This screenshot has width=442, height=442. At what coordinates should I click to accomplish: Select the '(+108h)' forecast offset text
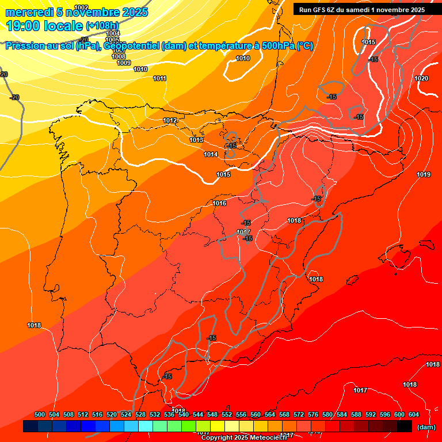[x=102, y=25]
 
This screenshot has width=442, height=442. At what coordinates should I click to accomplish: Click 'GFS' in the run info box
[x=319, y=9]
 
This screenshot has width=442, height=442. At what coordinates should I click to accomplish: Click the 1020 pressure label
[x=421, y=78]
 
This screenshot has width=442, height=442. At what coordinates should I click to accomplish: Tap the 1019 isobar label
[x=424, y=174]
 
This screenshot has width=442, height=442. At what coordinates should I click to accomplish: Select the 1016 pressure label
[x=219, y=203]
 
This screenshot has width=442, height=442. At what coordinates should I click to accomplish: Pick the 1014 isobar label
[x=211, y=154]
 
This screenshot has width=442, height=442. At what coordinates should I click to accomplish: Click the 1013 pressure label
[x=197, y=140]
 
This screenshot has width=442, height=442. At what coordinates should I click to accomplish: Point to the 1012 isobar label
[x=170, y=120]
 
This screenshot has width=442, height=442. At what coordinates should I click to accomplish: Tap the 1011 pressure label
[x=160, y=78]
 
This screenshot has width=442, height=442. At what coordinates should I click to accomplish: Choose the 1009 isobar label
[x=124, y=63]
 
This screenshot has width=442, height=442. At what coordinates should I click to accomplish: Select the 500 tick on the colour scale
[x=40, y=414]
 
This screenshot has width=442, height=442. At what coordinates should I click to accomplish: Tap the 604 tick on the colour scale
[x=414, y=414]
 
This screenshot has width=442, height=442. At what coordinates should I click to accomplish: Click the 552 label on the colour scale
[x=227, y=414]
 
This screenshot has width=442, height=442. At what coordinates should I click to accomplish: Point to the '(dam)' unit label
[x=426, y=427]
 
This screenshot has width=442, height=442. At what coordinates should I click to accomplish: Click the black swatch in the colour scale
[x=405, y=426]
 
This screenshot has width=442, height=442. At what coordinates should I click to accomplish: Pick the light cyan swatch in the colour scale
[x=146, y=426]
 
